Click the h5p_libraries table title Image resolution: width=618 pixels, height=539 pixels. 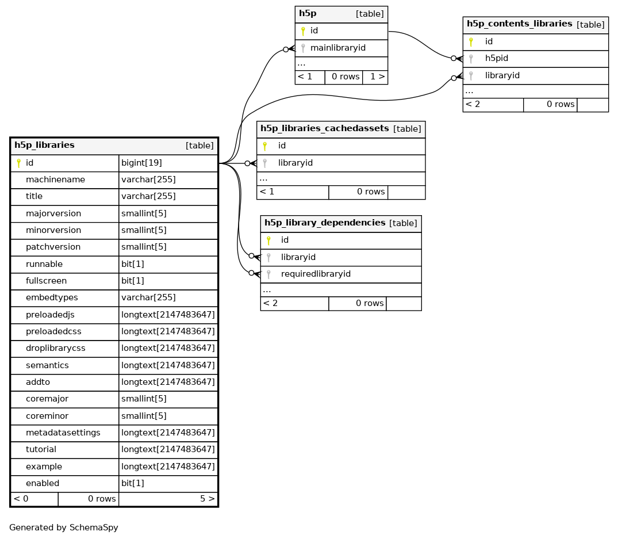(44, 145)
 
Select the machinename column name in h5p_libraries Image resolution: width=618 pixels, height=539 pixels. (56, 180)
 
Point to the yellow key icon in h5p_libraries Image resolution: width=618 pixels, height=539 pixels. (18, 163)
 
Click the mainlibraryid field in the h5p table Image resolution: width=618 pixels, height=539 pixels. (338, 48)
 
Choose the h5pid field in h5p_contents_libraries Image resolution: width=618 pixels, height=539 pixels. (497, 58)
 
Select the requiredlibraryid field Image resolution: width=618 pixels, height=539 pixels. (316, 274)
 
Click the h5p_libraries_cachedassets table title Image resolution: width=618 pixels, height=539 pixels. (324, 128)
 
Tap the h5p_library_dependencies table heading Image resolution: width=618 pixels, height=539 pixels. (325, 223)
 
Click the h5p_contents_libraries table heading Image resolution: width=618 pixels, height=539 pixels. (520, 24)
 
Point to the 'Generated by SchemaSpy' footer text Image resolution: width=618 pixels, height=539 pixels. (63, 527)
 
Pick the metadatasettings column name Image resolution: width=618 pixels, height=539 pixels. (63, 433)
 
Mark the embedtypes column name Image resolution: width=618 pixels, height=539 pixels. (52, 298)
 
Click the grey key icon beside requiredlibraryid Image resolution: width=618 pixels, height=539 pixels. (268, 274)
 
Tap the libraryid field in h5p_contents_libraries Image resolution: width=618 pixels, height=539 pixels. (502, 76)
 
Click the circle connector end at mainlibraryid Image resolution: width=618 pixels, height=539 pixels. (286, 49)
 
